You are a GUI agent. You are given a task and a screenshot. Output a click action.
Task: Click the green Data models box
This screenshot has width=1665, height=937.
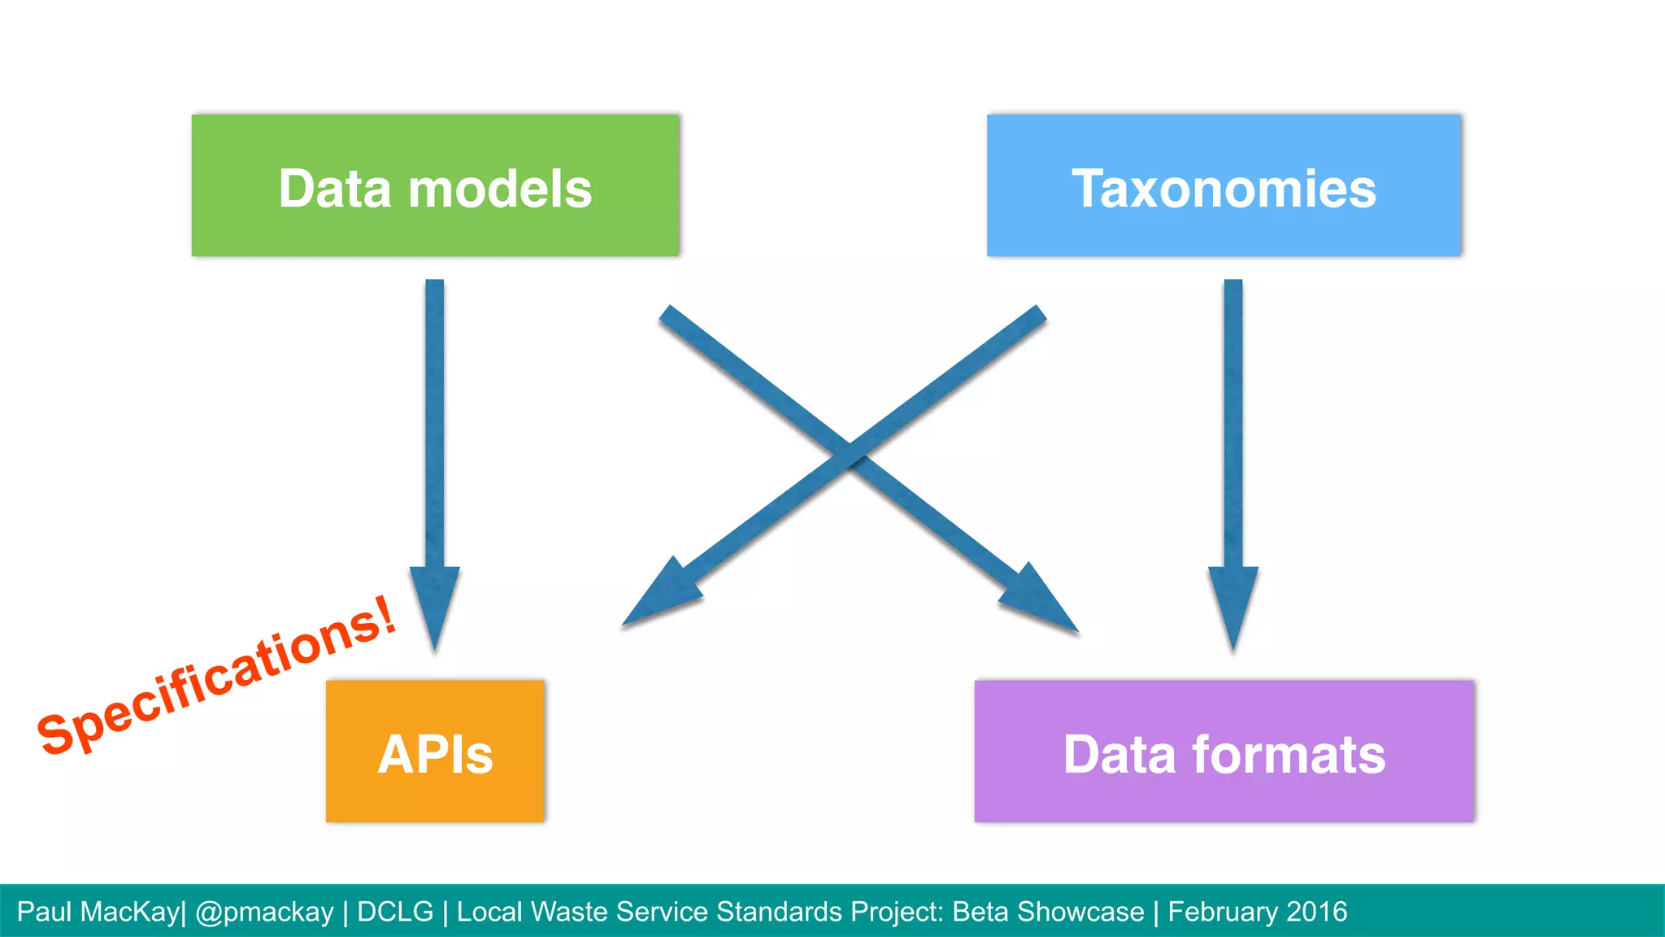[x=435, y=185]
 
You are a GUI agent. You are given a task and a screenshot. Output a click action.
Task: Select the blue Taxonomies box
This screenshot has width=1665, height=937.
[x=1224, y=185]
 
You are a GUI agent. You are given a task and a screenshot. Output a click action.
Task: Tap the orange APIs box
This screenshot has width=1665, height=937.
[x=435, y=751]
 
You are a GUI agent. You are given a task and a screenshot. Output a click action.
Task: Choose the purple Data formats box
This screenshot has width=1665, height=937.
[x=1224, y=751]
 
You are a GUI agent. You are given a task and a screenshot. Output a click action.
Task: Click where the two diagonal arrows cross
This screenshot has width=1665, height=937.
[x=850, y=454]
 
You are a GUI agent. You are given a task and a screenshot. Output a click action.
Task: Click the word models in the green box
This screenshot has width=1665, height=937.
[x=500, y=190]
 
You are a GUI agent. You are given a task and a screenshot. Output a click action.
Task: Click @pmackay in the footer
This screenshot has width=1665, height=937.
[x=264, y=912]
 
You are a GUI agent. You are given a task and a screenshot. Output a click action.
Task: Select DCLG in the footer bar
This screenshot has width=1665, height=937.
[x=395, y=912]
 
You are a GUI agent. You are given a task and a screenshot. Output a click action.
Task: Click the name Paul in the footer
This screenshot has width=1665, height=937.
[x=44, y=912]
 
